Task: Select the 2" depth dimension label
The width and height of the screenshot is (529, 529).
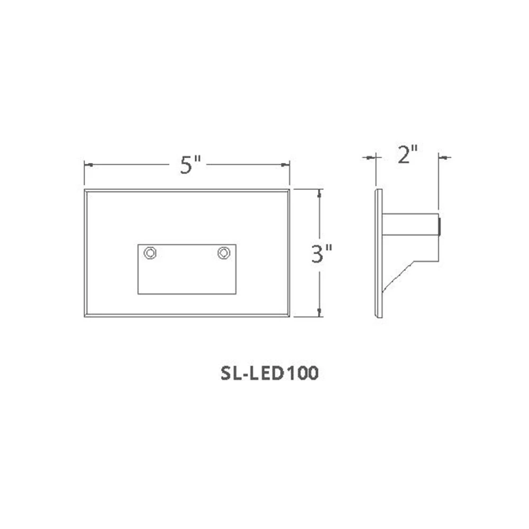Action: [x=407, y=156]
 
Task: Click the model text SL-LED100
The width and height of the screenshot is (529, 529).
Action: [x=268, y=373]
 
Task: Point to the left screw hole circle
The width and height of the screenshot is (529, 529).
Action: [x=151, y=253]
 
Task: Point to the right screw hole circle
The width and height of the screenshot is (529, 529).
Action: [x=224, y=253]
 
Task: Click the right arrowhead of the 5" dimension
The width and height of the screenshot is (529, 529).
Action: [x=286, y=166]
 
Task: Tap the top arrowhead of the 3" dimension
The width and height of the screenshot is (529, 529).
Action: [x=319, y=194]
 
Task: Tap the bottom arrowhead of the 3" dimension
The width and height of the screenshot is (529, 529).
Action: [x=319, y=312]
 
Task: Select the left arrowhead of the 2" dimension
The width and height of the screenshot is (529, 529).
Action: [x=371, y=157]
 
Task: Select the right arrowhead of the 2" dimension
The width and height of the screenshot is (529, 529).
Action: [x=443, y=157]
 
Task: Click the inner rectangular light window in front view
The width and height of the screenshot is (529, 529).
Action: [x=187, y=275]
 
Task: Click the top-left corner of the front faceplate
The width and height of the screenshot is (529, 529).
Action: [x=85, y=189]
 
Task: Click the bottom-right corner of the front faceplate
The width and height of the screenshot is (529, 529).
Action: [x=289, y=316]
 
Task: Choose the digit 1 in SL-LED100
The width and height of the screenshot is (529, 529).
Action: [x=290, y=373]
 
